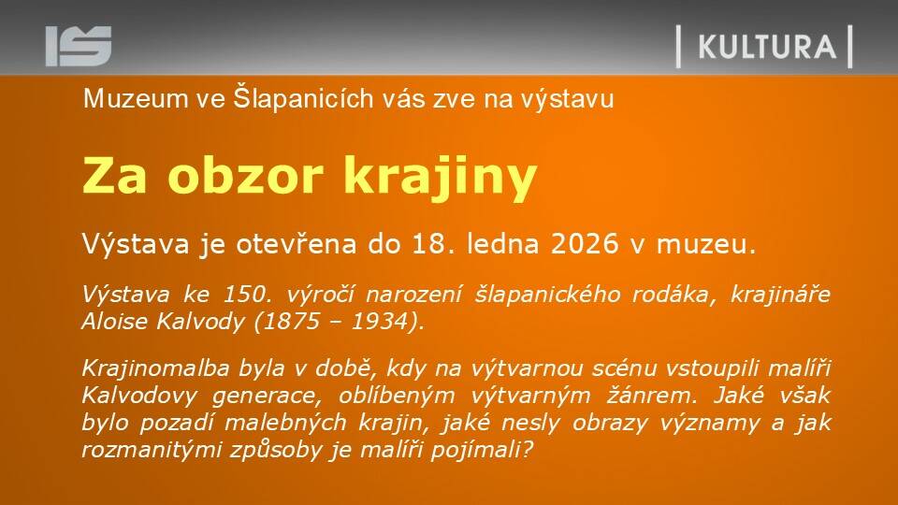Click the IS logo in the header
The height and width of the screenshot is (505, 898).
tap(79, 46)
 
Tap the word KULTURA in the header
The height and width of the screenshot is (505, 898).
tap(767, 47)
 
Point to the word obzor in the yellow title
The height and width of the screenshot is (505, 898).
tap(246, 177)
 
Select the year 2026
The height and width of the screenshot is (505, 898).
tap(585, 244)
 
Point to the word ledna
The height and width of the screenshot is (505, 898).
tap(503, 244)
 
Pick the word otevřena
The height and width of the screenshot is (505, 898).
tap(297, 244)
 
